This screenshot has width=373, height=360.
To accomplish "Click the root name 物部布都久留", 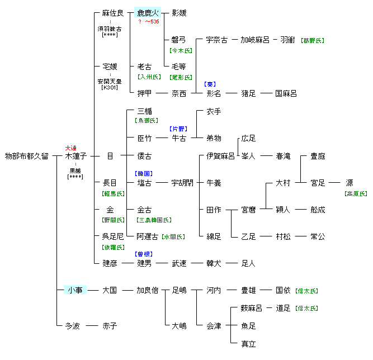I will [27, 156].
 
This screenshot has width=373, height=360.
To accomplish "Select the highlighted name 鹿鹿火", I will [148, 13].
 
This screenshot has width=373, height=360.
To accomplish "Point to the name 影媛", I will [179, 13].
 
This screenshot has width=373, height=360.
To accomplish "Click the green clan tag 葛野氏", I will [312, 41].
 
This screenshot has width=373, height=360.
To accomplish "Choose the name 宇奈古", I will [217, 40].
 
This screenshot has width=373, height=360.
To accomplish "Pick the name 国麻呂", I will [286, 93].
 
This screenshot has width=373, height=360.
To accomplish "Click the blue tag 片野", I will [179, 129].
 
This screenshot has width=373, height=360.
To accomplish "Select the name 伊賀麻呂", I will [221, 156].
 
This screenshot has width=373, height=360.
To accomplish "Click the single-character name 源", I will [350, 183].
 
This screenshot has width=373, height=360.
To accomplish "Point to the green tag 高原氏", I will [356, 193].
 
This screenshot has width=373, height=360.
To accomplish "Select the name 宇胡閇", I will [182, 183].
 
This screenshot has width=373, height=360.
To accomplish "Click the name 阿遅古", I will [148, 236].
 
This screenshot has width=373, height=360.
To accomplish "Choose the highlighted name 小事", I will [75, 290].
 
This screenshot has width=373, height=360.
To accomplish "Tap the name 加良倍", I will [148, 290].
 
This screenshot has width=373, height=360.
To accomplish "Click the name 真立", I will [249, 344].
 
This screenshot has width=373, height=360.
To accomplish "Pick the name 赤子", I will [110, 325].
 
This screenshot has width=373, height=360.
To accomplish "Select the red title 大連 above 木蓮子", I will [71, 148].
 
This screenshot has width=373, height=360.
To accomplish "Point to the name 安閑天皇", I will [109, 80].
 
